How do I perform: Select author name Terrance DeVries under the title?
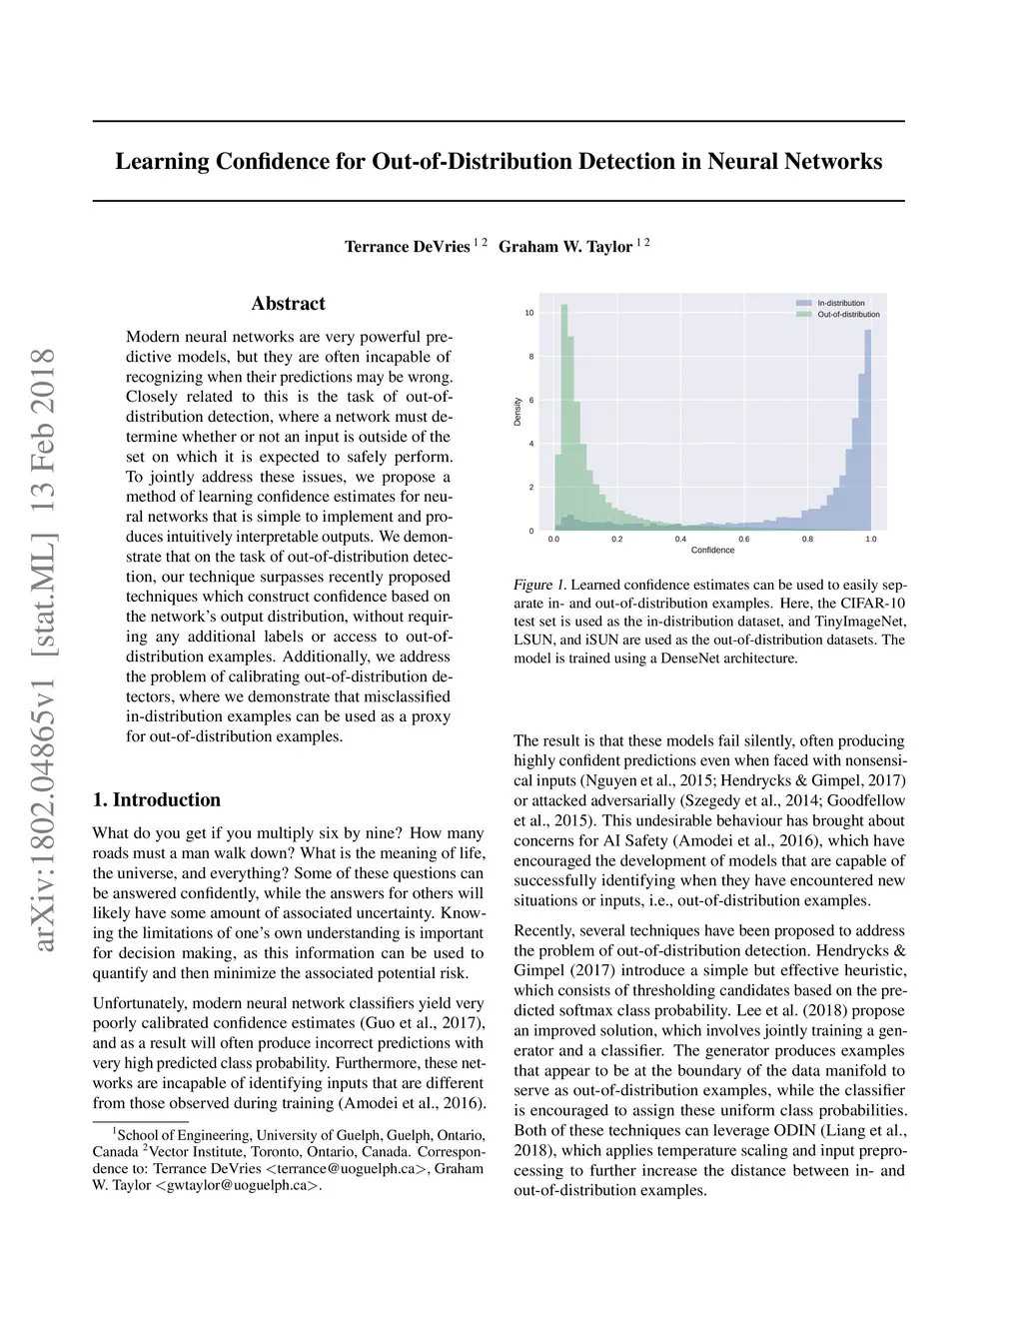(407, 247)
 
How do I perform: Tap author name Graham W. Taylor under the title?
(565, 247)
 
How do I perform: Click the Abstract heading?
(288, 304)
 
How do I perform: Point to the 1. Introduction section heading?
(157, 799)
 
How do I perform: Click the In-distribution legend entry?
(840, 303)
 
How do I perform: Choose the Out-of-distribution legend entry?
(848, 314)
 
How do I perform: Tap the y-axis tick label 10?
(529, 313)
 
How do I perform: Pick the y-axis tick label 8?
(531, 357)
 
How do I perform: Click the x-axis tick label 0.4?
(680, 540)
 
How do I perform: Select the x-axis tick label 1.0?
(871, 540)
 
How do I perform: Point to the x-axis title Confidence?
(712, 551)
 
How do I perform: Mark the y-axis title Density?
(517, 412)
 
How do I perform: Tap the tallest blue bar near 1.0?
(868, 430)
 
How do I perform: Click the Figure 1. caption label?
(539, 585)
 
